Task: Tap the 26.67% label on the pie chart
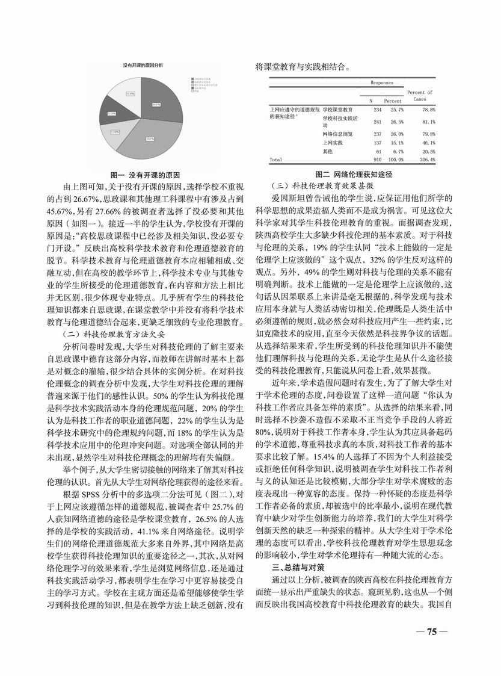point(155,105)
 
